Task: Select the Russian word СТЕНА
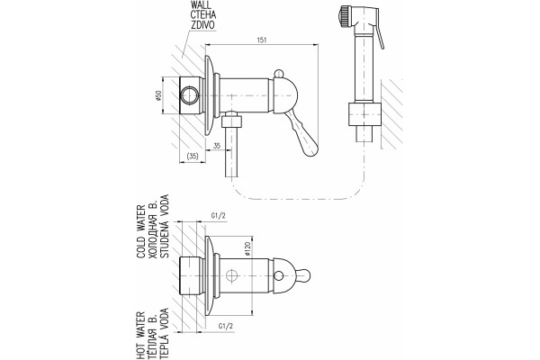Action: [x=204, y=15]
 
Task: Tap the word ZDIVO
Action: [x=203, y=25]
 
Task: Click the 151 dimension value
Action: [x=262, y=40]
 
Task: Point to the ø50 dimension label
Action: [x=158, y=95]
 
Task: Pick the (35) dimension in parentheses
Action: [x=193, y=156]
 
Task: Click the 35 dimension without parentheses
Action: [x=217, y=146]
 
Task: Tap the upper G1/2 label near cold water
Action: [x=218, y=216]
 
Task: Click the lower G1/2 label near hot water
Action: [x=226, y=326]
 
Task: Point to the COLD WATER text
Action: [x=141, y=231]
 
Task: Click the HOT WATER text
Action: [x=141, y=335]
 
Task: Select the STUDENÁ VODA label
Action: [x=165, y=226]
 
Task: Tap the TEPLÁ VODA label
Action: [x=165, y=334]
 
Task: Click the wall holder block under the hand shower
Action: [x=364, y=114]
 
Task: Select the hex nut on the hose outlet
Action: [x=231, y=121]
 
